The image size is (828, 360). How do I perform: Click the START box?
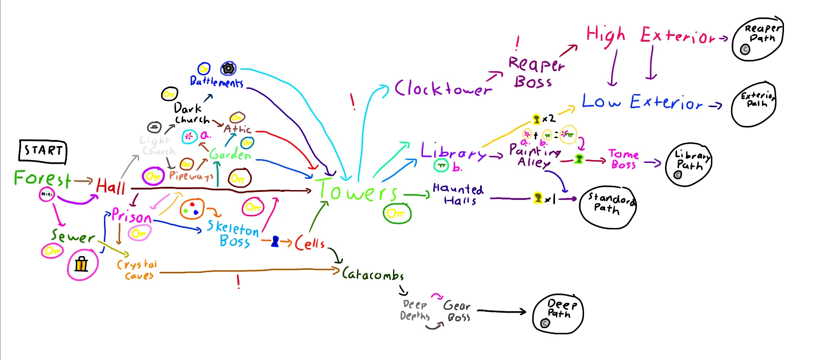[x=43, y=151]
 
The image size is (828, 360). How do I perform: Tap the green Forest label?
[x=43, y=178]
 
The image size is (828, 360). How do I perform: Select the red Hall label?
[x=111, y=186]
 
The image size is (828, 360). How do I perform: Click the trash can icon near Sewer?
[x=81, y=264]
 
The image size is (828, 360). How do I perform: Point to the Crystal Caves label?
[x=137, y=270]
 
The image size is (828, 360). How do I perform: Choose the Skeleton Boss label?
[x=234, y=234]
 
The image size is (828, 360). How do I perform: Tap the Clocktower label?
[x=443, y=88]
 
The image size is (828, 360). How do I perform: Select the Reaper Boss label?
[x=536, y=73]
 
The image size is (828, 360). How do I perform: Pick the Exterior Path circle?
[x=754, y=104]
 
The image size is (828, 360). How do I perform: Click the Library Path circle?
[x=688, y=164]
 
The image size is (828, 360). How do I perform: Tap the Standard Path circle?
[x=608, y=207]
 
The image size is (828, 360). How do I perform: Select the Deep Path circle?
[x=558, y=314]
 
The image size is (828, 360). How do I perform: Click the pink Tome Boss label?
[x=623, y=159]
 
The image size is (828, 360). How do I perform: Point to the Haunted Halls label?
[x=458, y=194]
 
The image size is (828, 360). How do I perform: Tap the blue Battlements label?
[x=216, y=82]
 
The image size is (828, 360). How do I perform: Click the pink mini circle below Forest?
[x=47, y=194]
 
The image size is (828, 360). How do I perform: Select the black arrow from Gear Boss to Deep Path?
[x=501, y=311]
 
